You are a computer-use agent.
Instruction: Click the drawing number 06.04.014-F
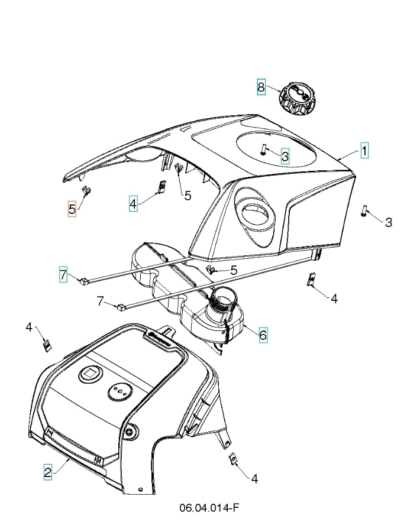coord(209,508)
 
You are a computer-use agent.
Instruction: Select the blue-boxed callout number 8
coord(261,86)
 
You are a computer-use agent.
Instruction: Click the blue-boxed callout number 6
coord(263,335)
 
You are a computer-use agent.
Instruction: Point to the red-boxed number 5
coord(72,209)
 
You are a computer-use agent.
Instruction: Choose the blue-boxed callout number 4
coord(134,204)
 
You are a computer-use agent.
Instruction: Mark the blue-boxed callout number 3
coord(285,156)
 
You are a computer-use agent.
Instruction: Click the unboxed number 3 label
coord(388,222)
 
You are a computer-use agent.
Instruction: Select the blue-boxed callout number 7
coord(63,274)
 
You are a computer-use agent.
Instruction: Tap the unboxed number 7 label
coord(100,301)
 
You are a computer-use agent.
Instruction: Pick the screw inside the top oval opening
coord(264,150)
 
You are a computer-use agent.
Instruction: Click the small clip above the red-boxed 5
coord(86,190)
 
